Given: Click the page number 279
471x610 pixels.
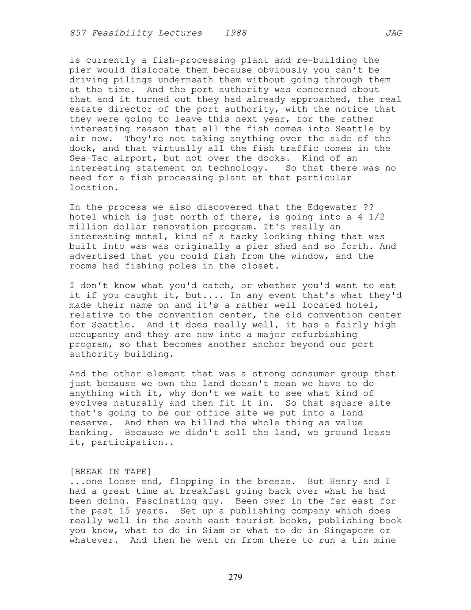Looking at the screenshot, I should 235,577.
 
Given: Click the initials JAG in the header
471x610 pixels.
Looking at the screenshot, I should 393,33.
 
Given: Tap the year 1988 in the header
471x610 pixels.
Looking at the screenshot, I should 235,33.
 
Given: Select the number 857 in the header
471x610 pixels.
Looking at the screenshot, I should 78,33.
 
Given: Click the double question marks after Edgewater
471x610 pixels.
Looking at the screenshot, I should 368,207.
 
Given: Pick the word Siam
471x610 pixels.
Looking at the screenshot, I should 224,530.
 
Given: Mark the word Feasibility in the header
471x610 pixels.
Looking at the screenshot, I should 119,33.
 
